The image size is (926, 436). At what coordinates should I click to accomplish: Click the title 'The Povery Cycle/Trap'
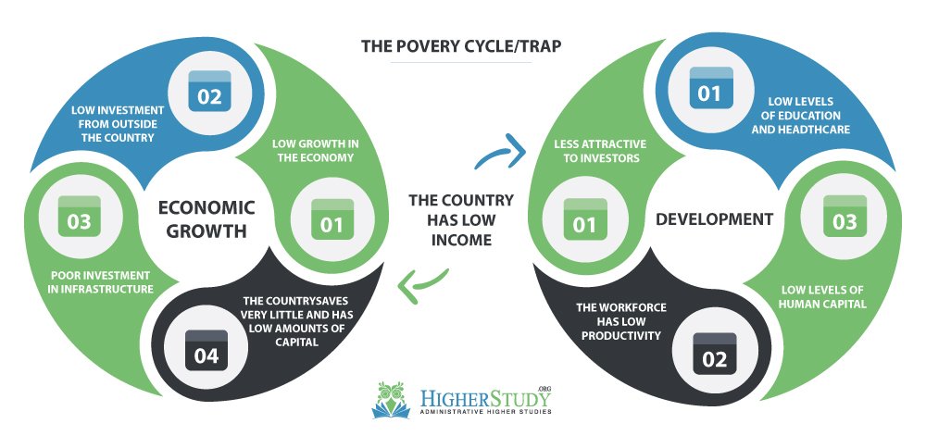(x=460, y=46)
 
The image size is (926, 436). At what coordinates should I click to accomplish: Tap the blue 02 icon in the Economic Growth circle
(x=209, y=91)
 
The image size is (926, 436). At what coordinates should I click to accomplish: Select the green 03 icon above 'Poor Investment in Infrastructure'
(x=79, y=217)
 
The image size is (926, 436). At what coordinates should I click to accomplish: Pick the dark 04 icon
(x=206, y=351)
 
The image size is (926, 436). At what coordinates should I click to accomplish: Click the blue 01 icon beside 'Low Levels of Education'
(x=711, y=88)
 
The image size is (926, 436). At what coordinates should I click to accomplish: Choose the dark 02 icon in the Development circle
(x=715, y=354)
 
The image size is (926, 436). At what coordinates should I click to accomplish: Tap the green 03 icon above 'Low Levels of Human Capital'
(x=845, y=217)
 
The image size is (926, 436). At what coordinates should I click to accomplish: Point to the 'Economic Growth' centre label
(x=206, y=218)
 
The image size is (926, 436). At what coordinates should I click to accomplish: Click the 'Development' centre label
(x=715, y=219)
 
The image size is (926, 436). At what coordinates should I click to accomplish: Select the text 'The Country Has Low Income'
(x=461, y=220)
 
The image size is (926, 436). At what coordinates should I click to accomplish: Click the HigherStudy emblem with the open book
(x=391, y=399)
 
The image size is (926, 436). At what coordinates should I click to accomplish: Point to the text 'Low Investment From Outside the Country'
(x=119, y=124)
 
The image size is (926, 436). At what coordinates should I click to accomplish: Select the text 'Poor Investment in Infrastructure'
(x=102, y=282)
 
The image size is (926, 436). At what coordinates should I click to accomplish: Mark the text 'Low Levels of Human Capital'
(x=822, y=297)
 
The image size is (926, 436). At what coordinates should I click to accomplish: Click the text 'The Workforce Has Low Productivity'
(x=621, y=321)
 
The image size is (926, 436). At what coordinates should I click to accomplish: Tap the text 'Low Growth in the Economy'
(x=316, y=151)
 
